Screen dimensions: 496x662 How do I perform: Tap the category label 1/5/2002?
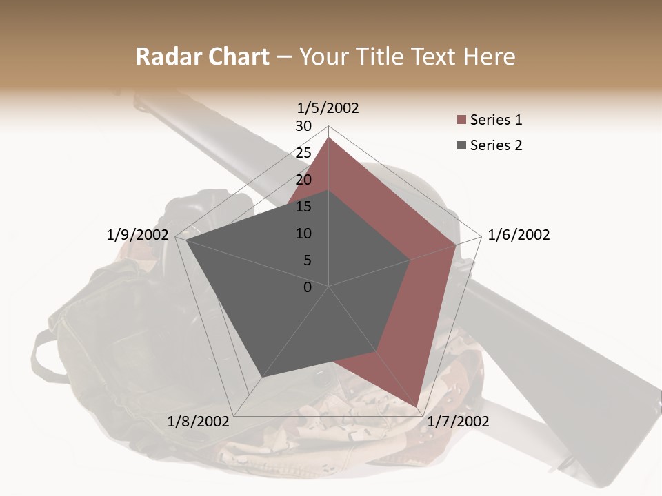(x=328, y=107)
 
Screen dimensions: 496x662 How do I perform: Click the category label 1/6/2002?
(x=519, y=235)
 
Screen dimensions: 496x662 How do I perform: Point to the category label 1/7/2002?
(x=458, y=422)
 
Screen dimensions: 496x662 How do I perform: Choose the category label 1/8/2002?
(x=199, y=422)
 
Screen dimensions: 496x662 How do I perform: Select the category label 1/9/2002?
(x=138, y=235)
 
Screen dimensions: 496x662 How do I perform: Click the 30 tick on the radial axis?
(x=303, y=126)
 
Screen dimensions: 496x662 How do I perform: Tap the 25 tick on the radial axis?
(x=303, y=153)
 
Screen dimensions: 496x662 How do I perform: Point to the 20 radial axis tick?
(x=303, y=180)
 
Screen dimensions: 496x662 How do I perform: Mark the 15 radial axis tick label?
(x=303, y=207)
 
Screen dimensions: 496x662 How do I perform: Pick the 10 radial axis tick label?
(x=303, y=234)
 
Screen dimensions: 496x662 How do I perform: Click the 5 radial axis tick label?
(x=308, y=260)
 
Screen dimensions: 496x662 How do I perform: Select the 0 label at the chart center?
(x=308, y=287)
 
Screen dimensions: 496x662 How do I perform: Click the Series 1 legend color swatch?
(x=461, y=121)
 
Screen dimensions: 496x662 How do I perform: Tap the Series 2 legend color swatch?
(x=461, y=145)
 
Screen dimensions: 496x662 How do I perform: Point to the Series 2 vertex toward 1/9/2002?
(x=186, y=240)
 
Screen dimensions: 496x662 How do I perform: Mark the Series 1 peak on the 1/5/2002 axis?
(x=328, y=137)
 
